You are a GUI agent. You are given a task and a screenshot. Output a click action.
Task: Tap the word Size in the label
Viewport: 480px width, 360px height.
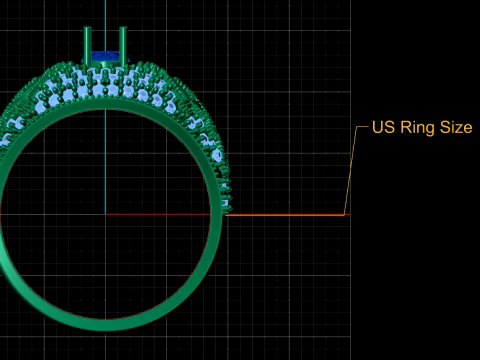pyautogui.click(x=456, y=127)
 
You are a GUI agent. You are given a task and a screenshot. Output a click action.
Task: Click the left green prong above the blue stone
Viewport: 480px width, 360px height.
pyautogui.click(x=87, y=46)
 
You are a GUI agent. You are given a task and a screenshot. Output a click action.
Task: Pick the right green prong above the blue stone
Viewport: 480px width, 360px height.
pyautogui.click(x=123, y=46)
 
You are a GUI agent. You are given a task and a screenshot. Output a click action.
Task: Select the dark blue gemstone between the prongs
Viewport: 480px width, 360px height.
pyautogui.click(x=105, y=56)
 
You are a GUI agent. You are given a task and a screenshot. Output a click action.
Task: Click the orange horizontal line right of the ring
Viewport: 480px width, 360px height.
pyautogui.click(x=285, y=215)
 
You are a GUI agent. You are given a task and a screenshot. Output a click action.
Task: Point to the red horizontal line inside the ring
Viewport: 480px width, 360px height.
pyautogui.click(x=158, y=215)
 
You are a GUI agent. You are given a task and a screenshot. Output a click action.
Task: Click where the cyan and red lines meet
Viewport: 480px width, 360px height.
pyautogui.click(x=106, y=215)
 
